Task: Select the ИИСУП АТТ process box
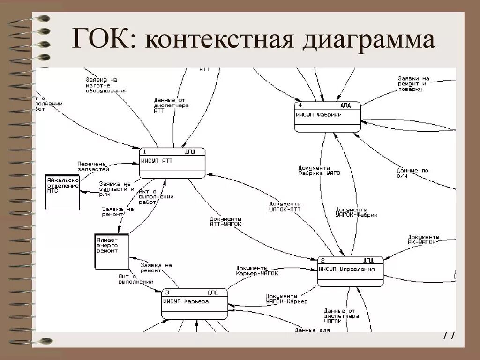pyautogui.click(x=172, y=163)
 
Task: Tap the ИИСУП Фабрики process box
pyautogui.click(x=327, y=117)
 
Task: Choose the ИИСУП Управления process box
pyautogui.click(x=350, y=271)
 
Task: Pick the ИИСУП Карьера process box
pyautogui.click(x=195, y=303)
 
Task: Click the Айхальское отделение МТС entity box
pyautogui.click(x=62, y=192)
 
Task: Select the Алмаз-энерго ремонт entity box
pyautogui.click(x=112, y=251)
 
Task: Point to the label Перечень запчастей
pyautogui.click(x=93, y=166)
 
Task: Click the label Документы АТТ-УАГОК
pyautogui.click(x=226, y=221)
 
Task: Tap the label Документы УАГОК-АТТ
pyautogui.click(x=285, y=206)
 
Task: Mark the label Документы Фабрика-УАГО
pyautogui.click(x=319, y=170)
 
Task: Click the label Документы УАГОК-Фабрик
pyautogui.click(x=356, y=211)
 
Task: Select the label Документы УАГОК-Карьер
pyautogui.click(x=286, y=299)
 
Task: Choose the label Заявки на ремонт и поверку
pyautogui.click(x=413, y=83)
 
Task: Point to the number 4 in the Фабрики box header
pyautogui.click(x=300, y=105)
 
